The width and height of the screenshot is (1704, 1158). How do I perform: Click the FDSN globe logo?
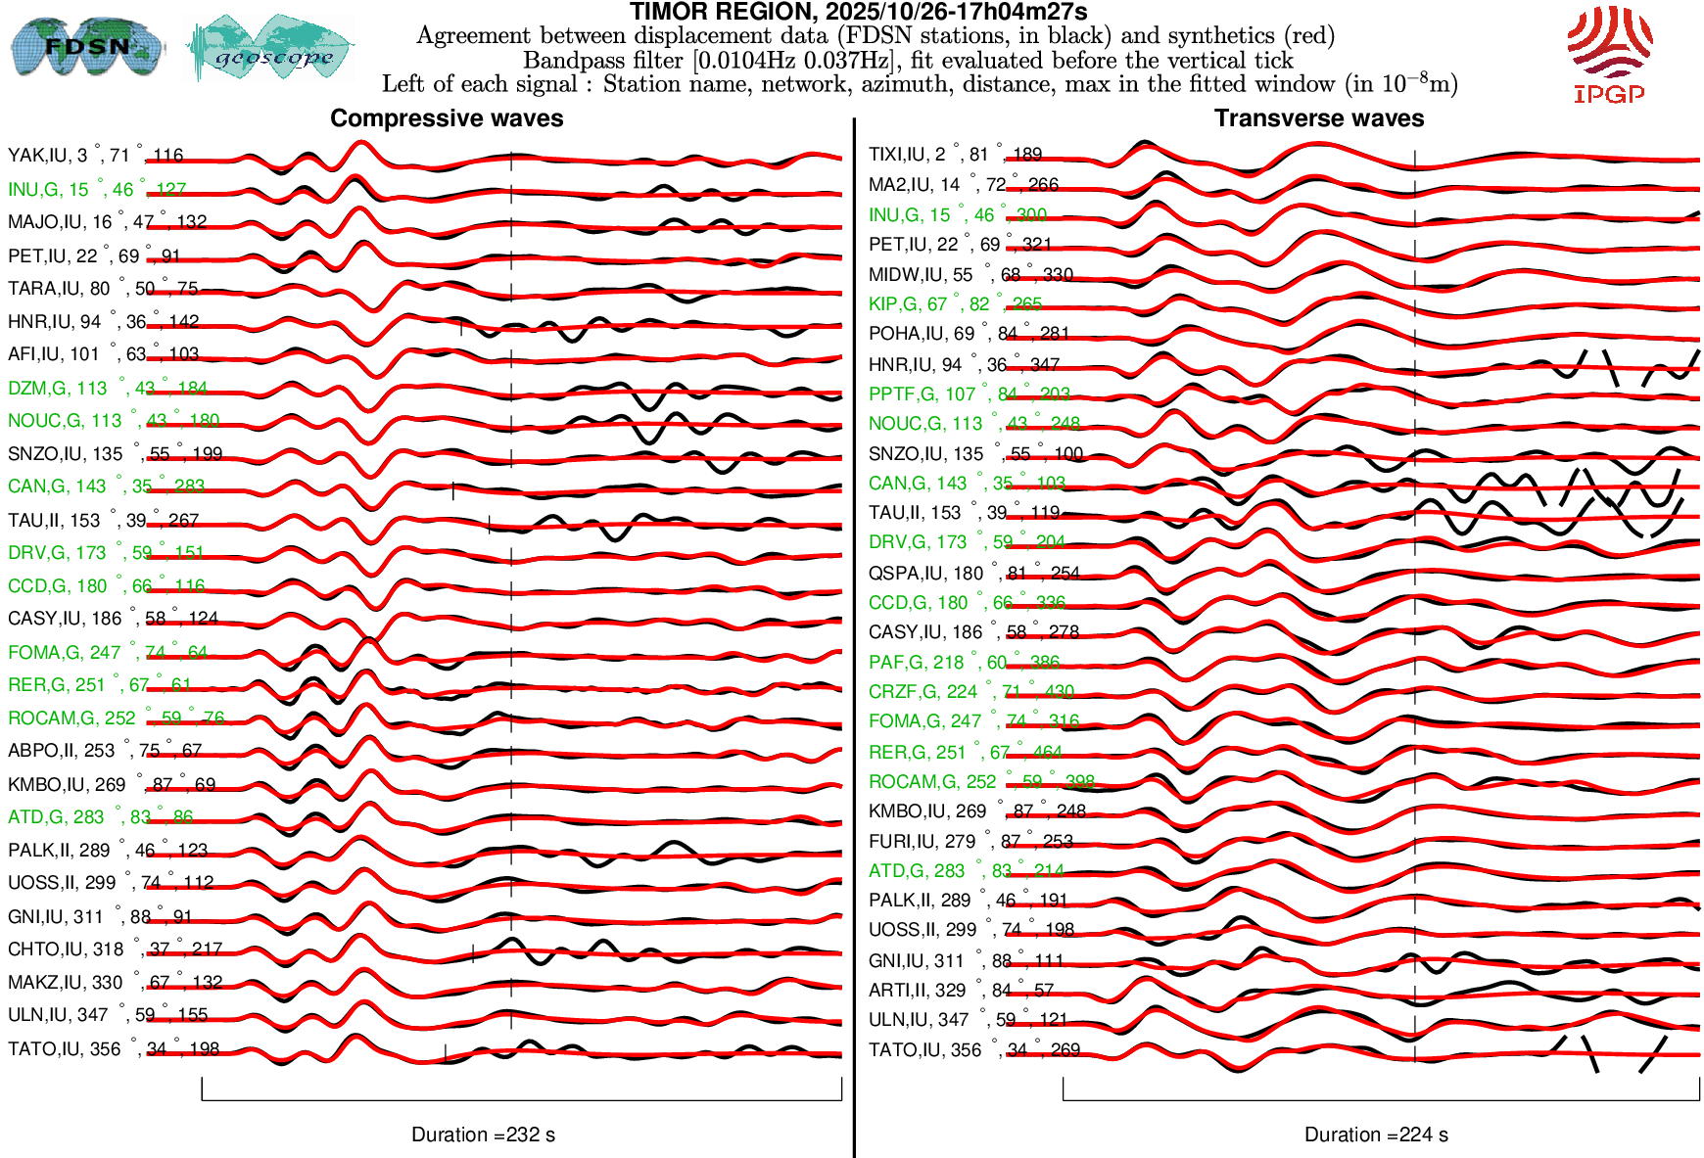pos(86,47)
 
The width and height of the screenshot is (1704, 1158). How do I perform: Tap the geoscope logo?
pos(270,49)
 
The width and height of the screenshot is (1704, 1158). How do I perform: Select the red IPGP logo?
pos(1609,54)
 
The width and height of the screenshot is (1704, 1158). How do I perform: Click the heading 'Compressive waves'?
pos(447,118)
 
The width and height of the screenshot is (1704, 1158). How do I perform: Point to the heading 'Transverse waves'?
pos(1318,118)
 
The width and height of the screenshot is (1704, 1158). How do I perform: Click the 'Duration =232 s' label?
pos(483,1135)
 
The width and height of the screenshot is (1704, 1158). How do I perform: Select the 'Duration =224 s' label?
pos(1376,1135)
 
